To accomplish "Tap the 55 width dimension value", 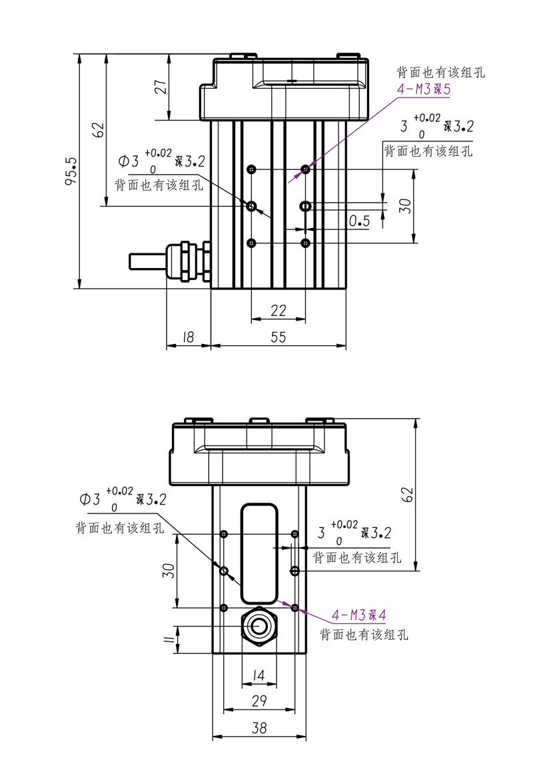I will click(278, 338).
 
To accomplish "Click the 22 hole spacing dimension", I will click(278, 310).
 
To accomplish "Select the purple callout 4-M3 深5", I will click(424, 89).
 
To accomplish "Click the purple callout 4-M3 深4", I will click(359, 615).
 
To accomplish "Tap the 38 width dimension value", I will click(259, 729).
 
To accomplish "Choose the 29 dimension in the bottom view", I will click(259, 701).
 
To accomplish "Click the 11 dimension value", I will click(169, 641).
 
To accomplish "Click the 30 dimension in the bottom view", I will click(169, 570).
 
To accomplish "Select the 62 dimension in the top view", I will click(98, 129).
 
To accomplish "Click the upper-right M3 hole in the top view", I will click(306, 169).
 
